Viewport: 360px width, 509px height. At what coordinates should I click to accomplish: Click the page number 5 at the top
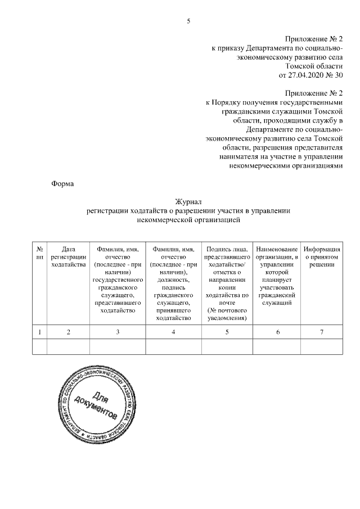coord(188,21)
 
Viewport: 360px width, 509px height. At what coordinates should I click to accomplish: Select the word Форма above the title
coord(62,183)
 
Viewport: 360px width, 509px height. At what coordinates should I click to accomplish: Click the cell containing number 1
coord(40,332)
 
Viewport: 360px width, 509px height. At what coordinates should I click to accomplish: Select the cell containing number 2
coord(68,332)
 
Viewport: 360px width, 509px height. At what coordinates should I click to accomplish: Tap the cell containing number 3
coord(118,332)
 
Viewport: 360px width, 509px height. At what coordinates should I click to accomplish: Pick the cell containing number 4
coord(173,332)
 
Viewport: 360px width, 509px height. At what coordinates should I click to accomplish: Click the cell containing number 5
coord(227,332)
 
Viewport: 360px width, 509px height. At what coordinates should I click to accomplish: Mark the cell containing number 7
coord(322,332)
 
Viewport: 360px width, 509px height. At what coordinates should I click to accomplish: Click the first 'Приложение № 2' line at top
coord(314,39)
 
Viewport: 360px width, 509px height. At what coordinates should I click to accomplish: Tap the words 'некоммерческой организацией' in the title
coord(188,220)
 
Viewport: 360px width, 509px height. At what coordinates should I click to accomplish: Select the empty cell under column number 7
coord(322,348)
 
